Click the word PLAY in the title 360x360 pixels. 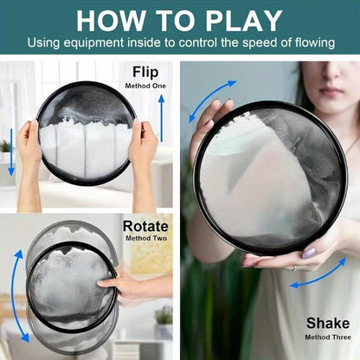[244, 21]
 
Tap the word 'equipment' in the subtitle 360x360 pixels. [93, 43]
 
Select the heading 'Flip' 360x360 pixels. [145, 73]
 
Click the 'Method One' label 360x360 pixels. [145, 86]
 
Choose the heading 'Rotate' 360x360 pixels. [145, 227]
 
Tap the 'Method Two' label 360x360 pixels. [146, 239]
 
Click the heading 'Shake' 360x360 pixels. [328, 324]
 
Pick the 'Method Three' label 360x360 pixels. [328, 337]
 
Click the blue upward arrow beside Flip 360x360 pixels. [162, 119]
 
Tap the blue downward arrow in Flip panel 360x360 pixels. [11, 152]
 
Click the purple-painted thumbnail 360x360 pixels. [309, 253]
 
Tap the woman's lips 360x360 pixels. [331, 92]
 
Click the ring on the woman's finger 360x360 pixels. [293, 268]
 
